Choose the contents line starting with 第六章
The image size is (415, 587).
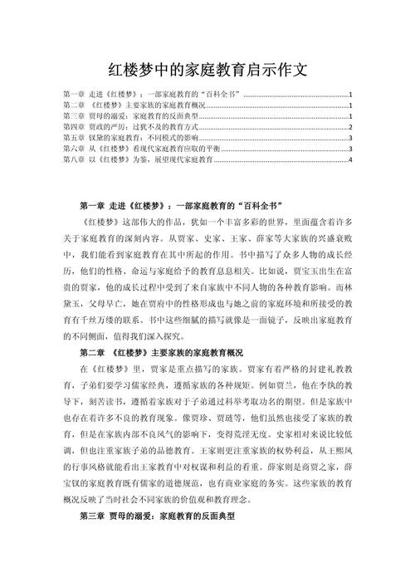click(x=141, y=149)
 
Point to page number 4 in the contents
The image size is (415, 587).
click(x=351, y=159)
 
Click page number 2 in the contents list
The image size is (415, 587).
click(x=351, y=127)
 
